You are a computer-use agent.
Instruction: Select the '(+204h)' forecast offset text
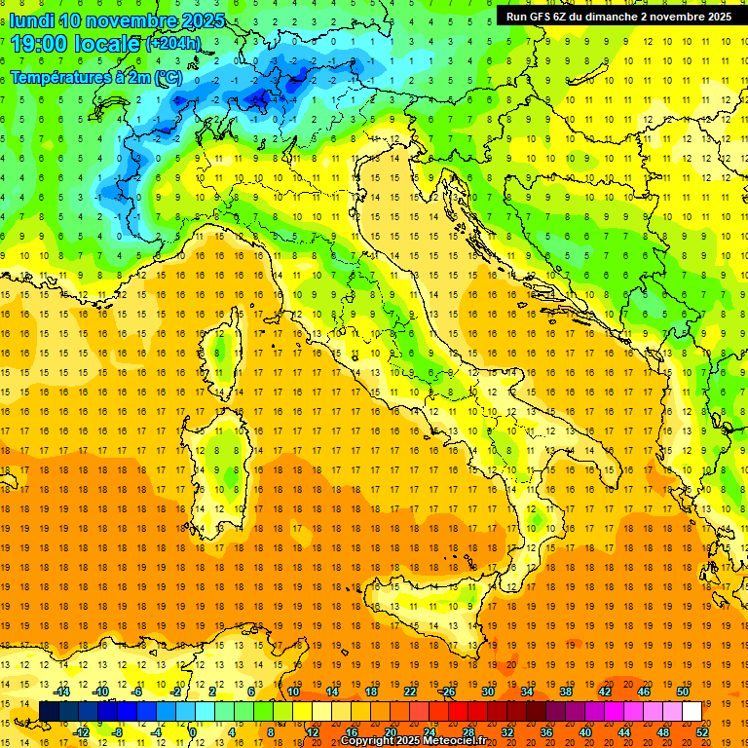pos(173,44)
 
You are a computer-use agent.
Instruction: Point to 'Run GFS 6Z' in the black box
pos(539,16)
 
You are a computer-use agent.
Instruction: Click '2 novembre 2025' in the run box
pos(682,16)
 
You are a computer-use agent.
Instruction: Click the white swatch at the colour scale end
pos(692,711)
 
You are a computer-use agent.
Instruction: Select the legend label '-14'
pos(62,692)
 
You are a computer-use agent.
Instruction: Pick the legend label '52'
pos(702,731)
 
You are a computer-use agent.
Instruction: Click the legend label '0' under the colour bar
pos(192,731)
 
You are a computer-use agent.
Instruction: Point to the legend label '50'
pos(683,692)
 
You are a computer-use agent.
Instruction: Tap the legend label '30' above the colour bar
pos(488,692)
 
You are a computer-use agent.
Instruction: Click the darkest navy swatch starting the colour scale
pos(49,711)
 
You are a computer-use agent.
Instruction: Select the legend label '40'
pos(585,731)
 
